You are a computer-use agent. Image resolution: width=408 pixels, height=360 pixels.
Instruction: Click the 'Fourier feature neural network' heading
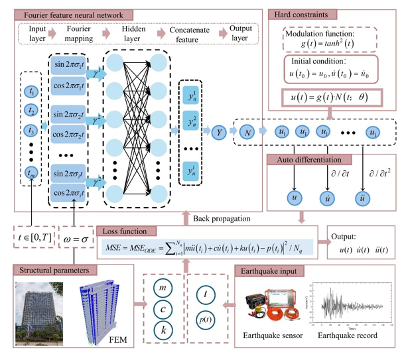click(x=60, y=15)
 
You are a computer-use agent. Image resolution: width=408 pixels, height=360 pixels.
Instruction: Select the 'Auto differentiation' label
click(x=304, y=160)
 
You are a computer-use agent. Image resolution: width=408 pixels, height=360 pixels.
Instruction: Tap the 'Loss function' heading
click(x=127, y=231)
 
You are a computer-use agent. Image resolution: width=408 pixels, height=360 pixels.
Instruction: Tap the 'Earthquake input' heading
click(x=271, y=270)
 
